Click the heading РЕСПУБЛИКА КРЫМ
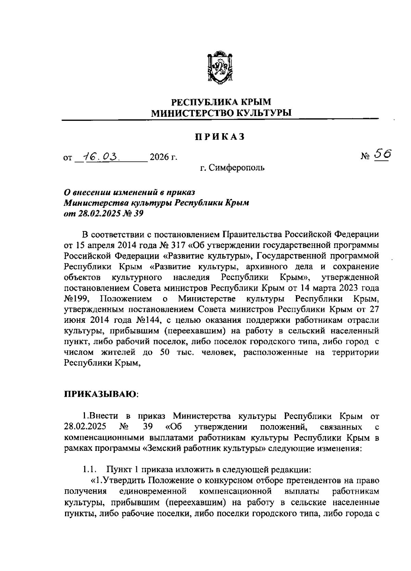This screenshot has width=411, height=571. pyautogui.click(x=221, y=102)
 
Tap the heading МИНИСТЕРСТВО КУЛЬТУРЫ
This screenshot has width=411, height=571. pyautogui.click(x=221, y=113)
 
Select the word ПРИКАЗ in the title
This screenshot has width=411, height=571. pyautogui.click(x=220, y=137)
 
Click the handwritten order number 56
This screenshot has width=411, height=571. pyautogui.click(x=381, y=154)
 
